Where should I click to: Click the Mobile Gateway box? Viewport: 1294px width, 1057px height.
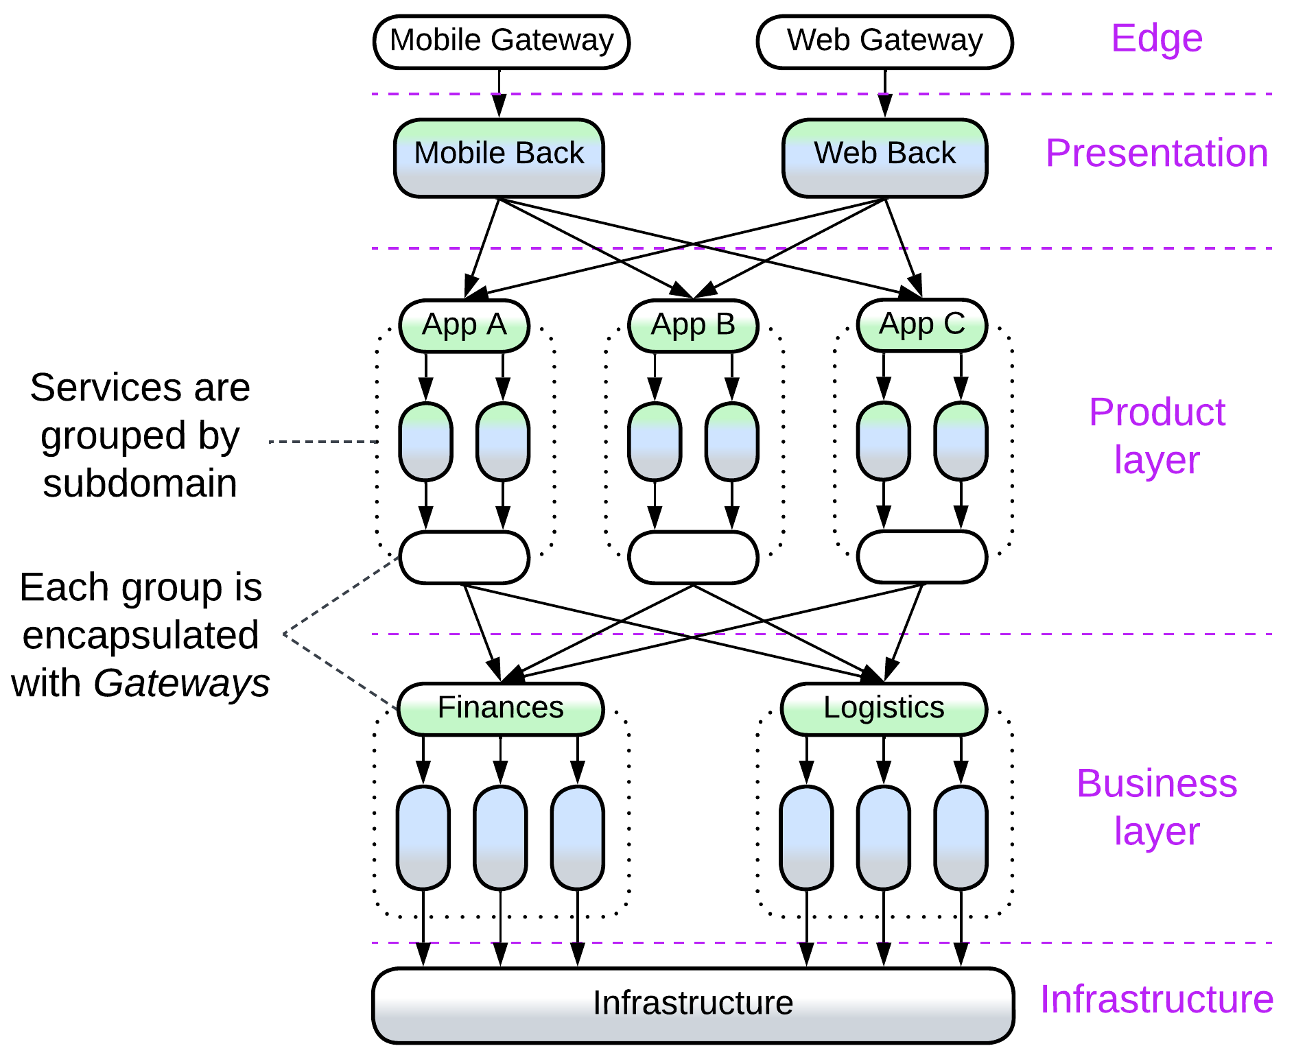pos(502,41)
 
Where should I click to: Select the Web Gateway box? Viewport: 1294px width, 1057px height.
pos(884,41)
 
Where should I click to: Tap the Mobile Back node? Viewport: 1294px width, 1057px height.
pos(499,158)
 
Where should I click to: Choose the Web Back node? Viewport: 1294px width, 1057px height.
pos(884,158)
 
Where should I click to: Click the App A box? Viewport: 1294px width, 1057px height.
pos(464,325)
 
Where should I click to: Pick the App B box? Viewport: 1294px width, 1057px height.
pos(693,325)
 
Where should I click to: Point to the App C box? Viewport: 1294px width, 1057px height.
pos(922,324)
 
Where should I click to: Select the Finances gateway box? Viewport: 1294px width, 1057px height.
pos(501,709)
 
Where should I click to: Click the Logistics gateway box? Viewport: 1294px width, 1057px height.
pos(884,709)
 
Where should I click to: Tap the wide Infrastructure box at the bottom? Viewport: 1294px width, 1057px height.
pos(693,1005)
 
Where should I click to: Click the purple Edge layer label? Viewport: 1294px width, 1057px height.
pos(1156,38)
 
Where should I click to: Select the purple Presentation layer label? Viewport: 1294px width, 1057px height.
pos(1156,153)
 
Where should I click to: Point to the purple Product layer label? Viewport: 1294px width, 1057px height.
pos(1157,436)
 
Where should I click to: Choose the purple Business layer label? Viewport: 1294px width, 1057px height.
pos(1157,807)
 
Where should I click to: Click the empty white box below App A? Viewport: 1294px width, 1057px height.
pos(464,557)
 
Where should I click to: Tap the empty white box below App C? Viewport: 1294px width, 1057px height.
pos(922,556)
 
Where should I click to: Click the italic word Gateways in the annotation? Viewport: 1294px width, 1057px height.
pos(182,683)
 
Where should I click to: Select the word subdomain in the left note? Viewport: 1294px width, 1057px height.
pos(140,484)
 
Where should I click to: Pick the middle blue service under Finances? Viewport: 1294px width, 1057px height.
pos(501,838)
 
